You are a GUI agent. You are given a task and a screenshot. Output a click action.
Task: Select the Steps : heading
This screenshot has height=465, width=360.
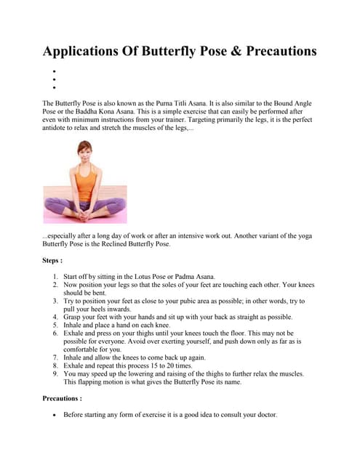coord(55,259)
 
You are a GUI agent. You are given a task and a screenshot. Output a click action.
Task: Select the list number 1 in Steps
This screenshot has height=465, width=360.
coord(56,278)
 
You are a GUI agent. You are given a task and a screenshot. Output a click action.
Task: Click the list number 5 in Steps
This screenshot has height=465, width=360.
coord(56,325)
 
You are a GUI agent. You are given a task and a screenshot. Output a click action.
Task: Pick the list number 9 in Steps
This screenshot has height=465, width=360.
coord(56,373)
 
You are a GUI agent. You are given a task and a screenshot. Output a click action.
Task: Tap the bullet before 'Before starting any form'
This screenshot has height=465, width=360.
coord(55,415)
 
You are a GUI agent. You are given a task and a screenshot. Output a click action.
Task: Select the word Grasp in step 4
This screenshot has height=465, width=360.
coord(74,318)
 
